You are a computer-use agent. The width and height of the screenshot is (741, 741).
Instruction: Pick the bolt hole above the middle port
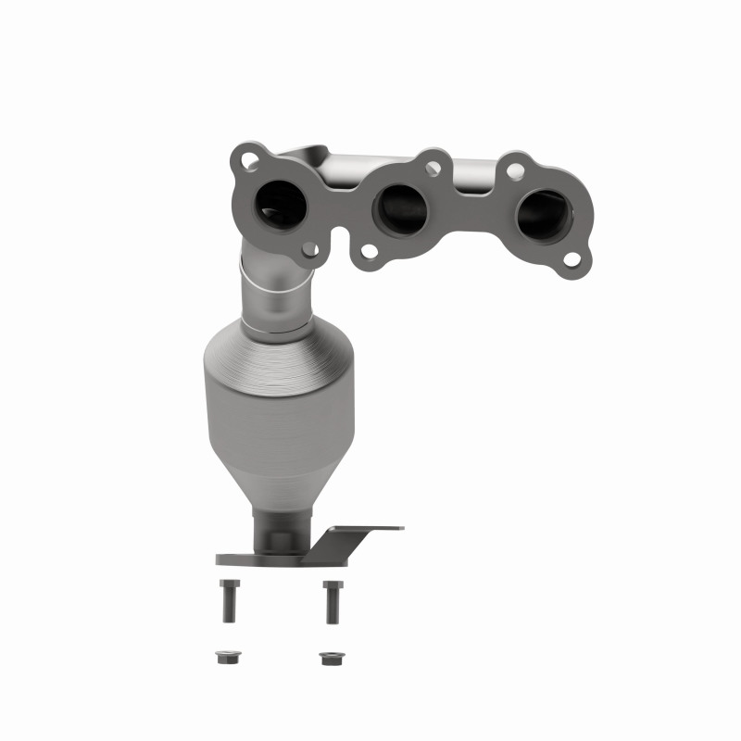pos(431,169)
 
